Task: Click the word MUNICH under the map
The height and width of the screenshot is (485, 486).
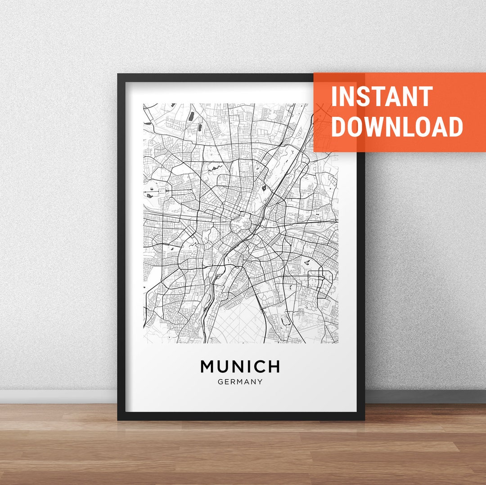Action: [x=240, y=366]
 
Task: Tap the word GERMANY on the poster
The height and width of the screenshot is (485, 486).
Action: [x=240, y=382]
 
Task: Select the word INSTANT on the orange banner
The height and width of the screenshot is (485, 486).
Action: [x=382, y=96]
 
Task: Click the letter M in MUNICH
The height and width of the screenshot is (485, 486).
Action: [x=207, y=366]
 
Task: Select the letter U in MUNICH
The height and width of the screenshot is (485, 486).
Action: [x=223, y=366]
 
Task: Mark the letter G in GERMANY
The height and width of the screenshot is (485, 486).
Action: [x=220, y=382]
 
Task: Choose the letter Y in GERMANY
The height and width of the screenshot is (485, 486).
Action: [x=260, y=382]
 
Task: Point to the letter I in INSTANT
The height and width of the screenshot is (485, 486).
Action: [x=334, y=96]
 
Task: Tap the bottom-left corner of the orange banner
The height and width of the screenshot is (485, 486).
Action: [x=315, y=151]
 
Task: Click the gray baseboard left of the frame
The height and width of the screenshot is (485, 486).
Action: [x=58, y=396]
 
